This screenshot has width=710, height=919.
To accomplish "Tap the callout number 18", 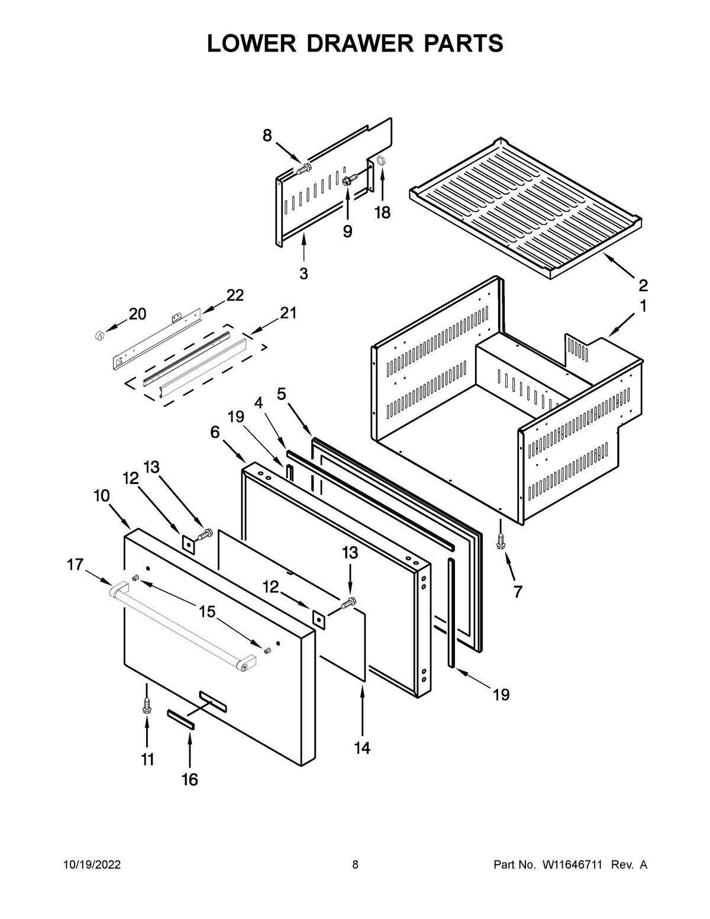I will click(x=382, y=213).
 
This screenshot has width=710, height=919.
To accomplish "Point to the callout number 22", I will click(x=235, y=296).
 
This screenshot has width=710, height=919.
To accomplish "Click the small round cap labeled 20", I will click(x=99, y=336).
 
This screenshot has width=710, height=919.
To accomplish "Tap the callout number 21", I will click(x=288, y=313).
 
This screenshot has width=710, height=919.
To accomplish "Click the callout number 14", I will click(x=362, y=748).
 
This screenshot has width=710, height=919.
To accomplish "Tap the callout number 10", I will click(x=101, y=496).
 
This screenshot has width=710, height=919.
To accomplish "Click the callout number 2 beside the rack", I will click(x=643, y=286).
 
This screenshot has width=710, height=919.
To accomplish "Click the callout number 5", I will click(x=282, y=393).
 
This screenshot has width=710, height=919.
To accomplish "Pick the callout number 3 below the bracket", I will click(x=304, y=274).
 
